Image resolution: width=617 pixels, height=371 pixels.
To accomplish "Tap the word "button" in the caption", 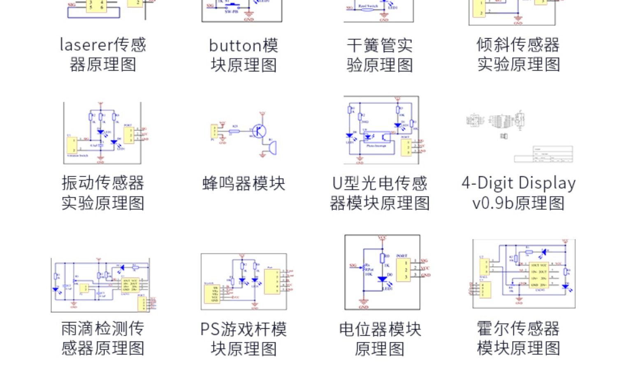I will [x=235, y=45].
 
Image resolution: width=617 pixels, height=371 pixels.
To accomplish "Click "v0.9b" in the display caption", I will [x=492, y=203].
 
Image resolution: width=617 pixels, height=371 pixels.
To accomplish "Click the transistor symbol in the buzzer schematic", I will [x=260, y=131].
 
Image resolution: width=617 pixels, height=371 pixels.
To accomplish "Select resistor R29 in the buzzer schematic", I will [x=234, y=131].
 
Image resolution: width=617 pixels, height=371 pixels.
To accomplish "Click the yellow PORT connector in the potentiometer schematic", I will [x=404, y=270].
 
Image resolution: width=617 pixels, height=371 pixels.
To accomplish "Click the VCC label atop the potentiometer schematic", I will [x=382, y=238].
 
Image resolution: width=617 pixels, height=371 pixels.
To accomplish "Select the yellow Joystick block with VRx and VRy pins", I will [x=212, y=294].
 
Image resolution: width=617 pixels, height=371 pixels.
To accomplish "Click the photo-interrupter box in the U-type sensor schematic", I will [x=376, y=141].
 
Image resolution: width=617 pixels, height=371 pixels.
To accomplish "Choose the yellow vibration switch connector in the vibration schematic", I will [x=72, y=146].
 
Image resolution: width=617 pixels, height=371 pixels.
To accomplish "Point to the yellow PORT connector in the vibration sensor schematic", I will [x=129, y=135].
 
